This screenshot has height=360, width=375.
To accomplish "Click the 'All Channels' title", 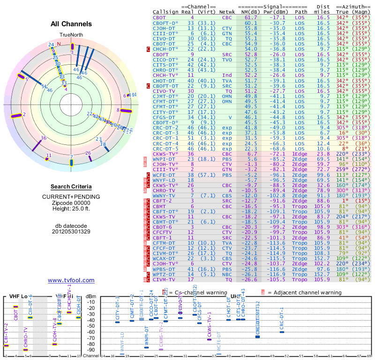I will tap(71, 24).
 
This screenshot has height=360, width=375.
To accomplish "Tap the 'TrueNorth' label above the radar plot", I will tap(71, 35).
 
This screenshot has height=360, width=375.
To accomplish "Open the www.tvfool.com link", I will tap(71, 280).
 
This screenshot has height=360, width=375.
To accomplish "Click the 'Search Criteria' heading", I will tap(71, 187).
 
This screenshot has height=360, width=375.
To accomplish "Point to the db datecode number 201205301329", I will tap(71, 232).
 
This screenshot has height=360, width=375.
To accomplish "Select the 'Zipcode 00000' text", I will tap(71, 202).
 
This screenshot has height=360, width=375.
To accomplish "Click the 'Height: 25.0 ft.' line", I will tap(71, 209).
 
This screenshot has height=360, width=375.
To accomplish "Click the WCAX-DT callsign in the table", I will tap(164, 258).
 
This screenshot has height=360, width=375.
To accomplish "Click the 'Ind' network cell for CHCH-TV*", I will tap(227, 75).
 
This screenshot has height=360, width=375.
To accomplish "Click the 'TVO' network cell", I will tap(227, 60).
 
